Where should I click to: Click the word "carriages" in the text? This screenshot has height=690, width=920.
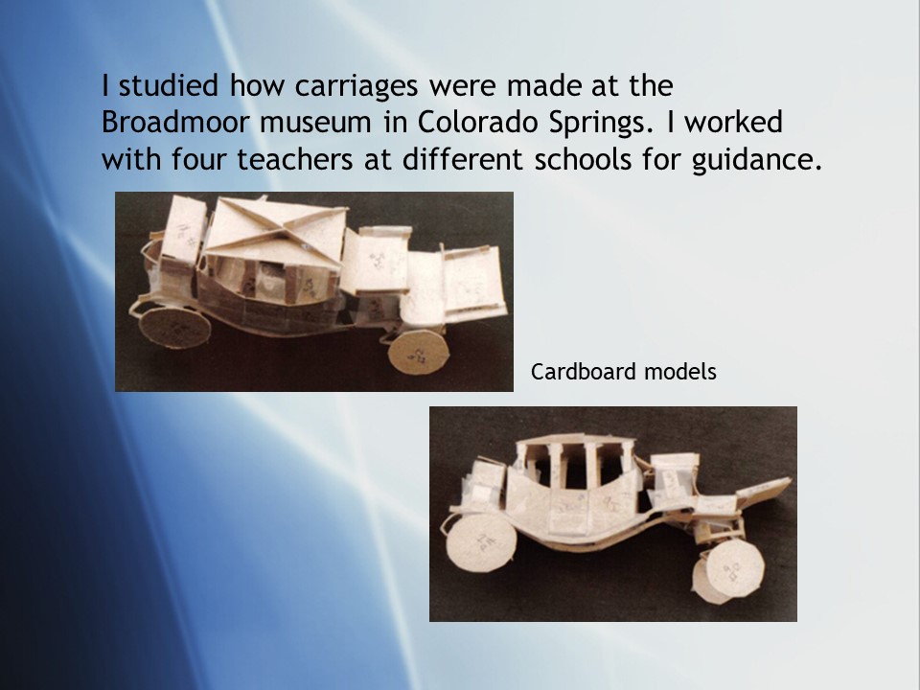click(x=356, y=87)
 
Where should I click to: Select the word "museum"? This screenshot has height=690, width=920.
click(x=315, y=123)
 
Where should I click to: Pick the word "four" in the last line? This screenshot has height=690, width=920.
click(x=198, y=159)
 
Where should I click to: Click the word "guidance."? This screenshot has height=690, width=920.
click(x=757, y=160)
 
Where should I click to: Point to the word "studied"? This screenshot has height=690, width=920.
click(x=169, y=85)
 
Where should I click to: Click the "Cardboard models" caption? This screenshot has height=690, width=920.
click(x=623, y=372)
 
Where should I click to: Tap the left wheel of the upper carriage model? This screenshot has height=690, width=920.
click(x=174, y=328)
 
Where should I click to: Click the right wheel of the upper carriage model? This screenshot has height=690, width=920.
click(x=419, y=352)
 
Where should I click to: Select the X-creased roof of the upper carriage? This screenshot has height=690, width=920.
click(x=275, y=232)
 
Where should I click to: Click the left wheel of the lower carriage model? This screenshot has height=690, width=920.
click(x=482, y=543)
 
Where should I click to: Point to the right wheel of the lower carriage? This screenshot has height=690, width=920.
click(x=728, y=570)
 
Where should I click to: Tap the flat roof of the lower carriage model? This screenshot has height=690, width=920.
click(x=575, y=439)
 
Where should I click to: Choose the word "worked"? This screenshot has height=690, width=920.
click(x=733, y=122)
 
